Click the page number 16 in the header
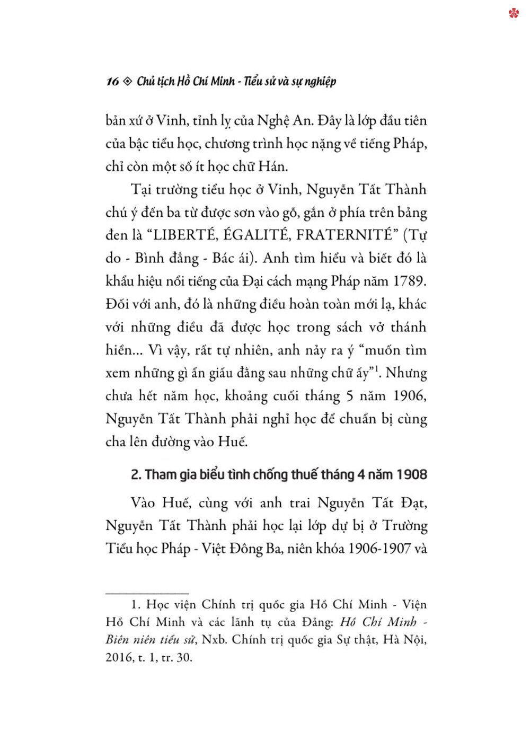[x=112, y=82]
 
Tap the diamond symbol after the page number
[x=127, y=82]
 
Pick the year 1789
[x=410, y=280]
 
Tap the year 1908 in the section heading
[x=411, y=474]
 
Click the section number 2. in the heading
[x=136, y=474]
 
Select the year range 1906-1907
[x=377, y=548]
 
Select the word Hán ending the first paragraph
[x=272, y=166]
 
